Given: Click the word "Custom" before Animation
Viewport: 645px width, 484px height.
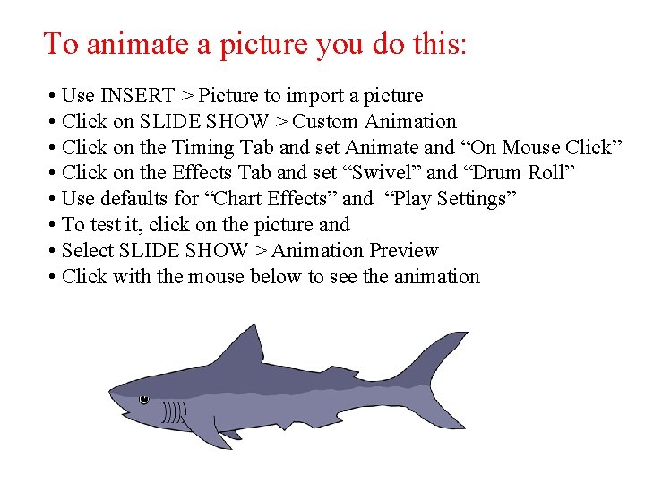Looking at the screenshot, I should click(x=324, y=122).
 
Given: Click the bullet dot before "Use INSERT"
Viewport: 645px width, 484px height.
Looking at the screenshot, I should click(x=54, y=96).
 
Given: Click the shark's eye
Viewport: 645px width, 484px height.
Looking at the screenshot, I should click(x=143, y=399).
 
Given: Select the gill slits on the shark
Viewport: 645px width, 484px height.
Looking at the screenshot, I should click(x=174, y=412).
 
